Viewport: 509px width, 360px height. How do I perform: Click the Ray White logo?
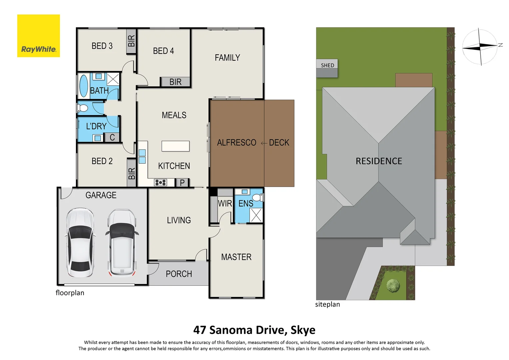pyautogui.click(x=38, y=36)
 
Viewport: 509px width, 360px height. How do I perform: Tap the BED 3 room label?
pyautogui.click(x=102, y=46)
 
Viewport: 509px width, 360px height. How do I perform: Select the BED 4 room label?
pyautogui.click(x=163, y=51)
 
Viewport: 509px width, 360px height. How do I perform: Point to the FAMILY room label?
pyautogui.click(x=227, y=58)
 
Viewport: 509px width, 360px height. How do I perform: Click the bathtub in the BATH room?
pyautogui.click(x=84, y=86)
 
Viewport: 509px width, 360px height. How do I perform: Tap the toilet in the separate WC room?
pyautogui.click(x=82, y=108)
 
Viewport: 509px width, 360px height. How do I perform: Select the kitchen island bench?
pyautogui.click(x=176, y=146)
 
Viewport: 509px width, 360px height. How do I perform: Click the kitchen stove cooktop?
pyautogui.click(x=160, y=182)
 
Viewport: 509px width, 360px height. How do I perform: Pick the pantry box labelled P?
pyautogui.click(x=182, y=183)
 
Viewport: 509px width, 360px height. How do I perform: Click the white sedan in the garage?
pyautogui.click(x=80, y=243)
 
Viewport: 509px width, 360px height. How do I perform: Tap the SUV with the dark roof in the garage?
pyautogui.click(x=122, y=243)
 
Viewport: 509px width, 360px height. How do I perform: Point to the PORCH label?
pyautogui.click(x=179, y=274)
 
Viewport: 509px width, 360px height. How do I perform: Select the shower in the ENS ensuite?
pyautogui.click(x=256, y=215)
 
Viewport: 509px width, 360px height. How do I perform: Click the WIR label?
pyautogui.click(x=225, y=203)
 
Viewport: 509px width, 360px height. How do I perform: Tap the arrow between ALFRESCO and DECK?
pyautogui.click(x=264, y=143)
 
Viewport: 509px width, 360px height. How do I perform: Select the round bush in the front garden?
pyautogui.click(x=393, y=285)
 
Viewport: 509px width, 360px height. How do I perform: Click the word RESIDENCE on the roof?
pyautogui.click(x=379, y=161)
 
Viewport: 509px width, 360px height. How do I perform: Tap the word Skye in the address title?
pyautogui.click(x=303, y=330)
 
